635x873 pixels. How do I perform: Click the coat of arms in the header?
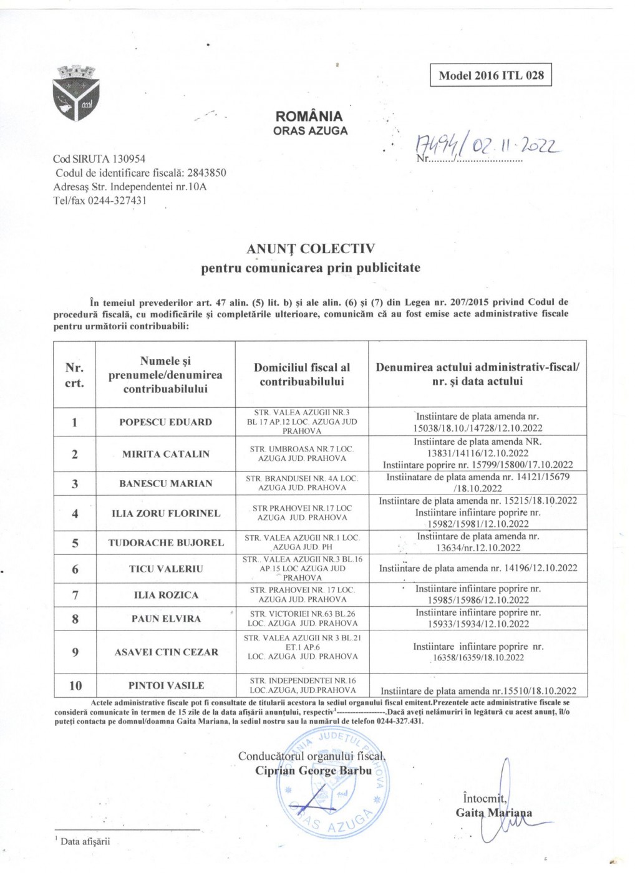[77, 94]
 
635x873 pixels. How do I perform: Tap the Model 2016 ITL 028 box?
[491, 75]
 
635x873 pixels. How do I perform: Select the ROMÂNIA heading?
[309, 117]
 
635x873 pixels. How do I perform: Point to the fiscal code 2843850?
[206, 173]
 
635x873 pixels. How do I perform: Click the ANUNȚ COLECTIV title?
[311, 249]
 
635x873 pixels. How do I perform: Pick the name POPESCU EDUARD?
[165, 422]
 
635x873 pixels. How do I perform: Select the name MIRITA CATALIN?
[165, 454]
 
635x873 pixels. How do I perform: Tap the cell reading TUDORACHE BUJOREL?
[165, 543]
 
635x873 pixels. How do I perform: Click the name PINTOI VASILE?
[165, 685]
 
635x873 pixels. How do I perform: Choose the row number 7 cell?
[75, 595]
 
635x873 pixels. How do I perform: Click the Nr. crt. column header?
[75, 375]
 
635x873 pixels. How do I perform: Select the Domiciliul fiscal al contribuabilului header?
[302, 375]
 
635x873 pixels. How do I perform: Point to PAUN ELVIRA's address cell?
[302, 619]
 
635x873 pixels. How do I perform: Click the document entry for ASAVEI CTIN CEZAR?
[478, 652]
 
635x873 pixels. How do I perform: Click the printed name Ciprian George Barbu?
[313, 771]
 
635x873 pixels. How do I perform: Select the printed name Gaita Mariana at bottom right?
[493, 813]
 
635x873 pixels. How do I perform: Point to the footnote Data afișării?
[85, 841]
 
